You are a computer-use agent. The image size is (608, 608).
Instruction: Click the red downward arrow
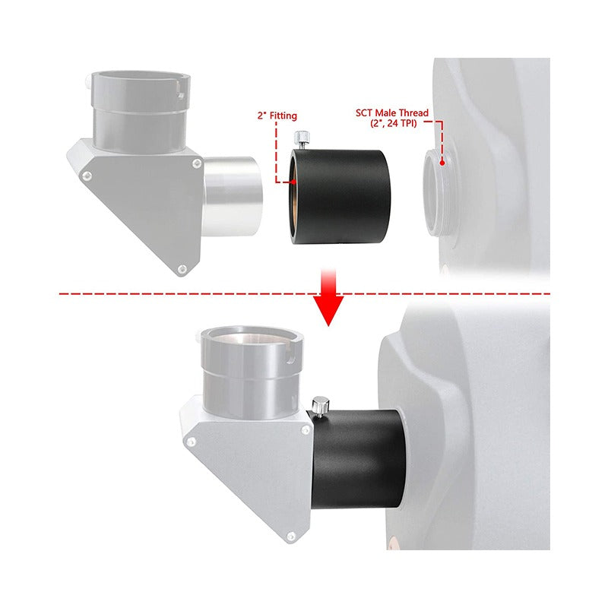click(x=328, y=296)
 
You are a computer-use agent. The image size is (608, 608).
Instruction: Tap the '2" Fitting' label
click(x=277, y=116)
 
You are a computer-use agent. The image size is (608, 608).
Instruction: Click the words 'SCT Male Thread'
click(x=392, y=112)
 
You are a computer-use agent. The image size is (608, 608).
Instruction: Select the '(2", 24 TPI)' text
click(x=393, y=124)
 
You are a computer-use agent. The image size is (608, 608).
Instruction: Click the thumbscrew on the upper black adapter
click(x=302, y=141)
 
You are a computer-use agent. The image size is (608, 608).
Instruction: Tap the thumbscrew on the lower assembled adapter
click(x=320, y=407)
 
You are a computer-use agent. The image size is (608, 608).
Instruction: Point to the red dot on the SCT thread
click(x=442, y=163)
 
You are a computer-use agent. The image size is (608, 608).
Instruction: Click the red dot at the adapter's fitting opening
click(x=294, y=181)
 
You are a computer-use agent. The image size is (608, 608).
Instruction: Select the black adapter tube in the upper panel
click(x=340, y=197)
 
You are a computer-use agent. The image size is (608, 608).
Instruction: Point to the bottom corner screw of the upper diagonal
click(x=182, y=268)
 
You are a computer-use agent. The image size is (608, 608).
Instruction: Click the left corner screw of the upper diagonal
click(x=87, y=176)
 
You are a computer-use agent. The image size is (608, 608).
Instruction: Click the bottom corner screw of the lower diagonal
click(x=290, y=537)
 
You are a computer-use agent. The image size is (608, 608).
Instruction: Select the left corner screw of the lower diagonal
click(x=191, y=442)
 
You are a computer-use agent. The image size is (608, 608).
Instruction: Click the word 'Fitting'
click(x=283, y=116)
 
